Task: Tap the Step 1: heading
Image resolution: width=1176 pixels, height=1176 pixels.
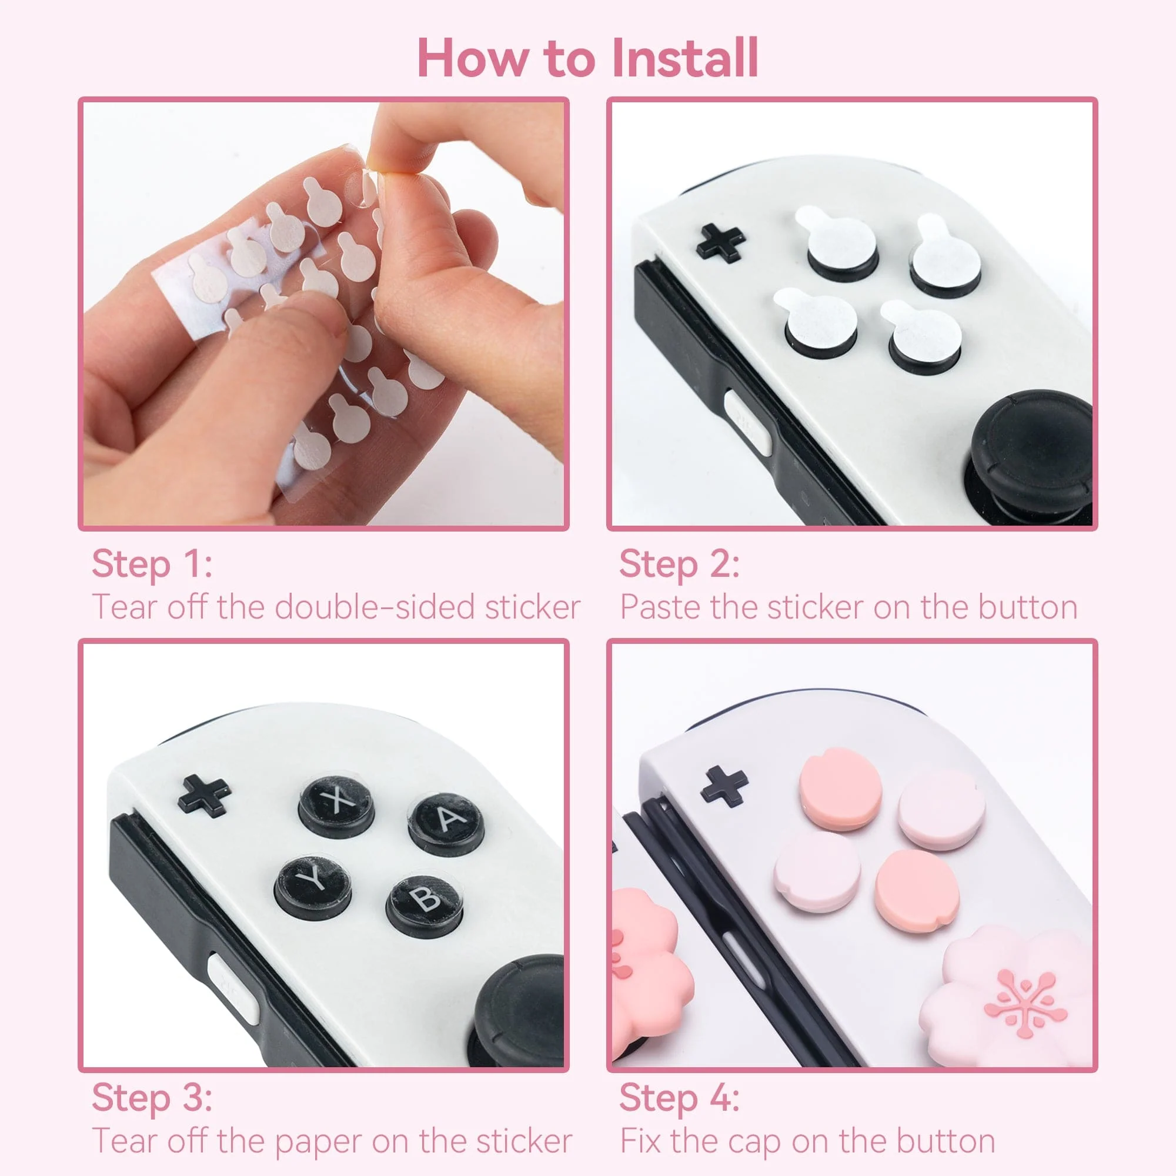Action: coord(152,564)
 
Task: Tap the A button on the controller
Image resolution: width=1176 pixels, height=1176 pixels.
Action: coord(446,819)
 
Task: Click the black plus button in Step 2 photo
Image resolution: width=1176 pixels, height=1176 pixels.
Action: coord(721,242)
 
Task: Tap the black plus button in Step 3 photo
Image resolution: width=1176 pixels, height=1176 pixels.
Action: coord(204,794)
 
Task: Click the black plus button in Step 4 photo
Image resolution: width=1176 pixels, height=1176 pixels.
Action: coord(724,785)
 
